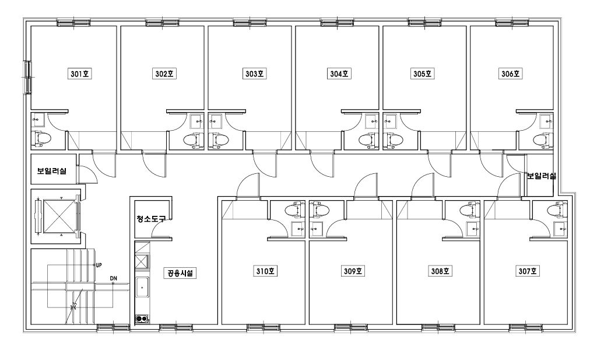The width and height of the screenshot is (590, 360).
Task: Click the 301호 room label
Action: pyautogui.click(x=80, y=74)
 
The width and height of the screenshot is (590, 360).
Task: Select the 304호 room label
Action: pyautogui.click(x=339, y=74)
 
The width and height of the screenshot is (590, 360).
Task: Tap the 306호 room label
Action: pyautogui.click(x=510, y=74)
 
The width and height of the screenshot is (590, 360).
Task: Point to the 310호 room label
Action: pyautogui.click(x=265, y=271)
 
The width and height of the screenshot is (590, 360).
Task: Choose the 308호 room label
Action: pyautogui.click(x=440, y=271)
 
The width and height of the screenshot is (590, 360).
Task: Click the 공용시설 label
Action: pyautogui.click(x=180, y=273)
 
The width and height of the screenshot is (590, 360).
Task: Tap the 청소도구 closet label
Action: pyautogui.click(x=151, y=219)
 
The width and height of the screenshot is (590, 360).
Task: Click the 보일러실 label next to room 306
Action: pyautogui.click(x=541, y=176)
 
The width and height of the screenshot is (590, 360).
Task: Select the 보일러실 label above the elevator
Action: pyautogui.click(x=52, y=170)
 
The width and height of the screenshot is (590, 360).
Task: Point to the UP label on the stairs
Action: pyautogui.click(x=99, y=265)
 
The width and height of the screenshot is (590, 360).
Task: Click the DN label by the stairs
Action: pyautogui.click(x=113, y=278)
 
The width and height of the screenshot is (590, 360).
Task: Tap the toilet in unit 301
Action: pyautogui.click(x=42, y=139)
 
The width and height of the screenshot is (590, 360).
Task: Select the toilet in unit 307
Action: pyautogui.click(x=557, y=210)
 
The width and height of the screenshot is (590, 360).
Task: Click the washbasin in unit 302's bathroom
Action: pyautogui.click(x=197, y=121)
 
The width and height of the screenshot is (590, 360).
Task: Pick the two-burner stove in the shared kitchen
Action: pyautogui.click(x=142, y=319)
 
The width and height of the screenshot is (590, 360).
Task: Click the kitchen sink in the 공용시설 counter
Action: pyautogui.click(x=142, y=288)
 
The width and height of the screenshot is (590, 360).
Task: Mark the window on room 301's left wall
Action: pyautogui.click(x=27, y=77)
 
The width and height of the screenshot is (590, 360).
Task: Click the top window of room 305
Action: pyautogui.click(x=424, y=23)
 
